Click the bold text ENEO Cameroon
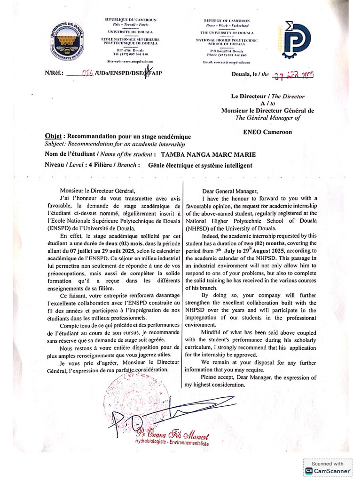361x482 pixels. pyautogui.click(x=267, y=132)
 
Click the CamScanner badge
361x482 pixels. pyautogui.click(x=328, y=466)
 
